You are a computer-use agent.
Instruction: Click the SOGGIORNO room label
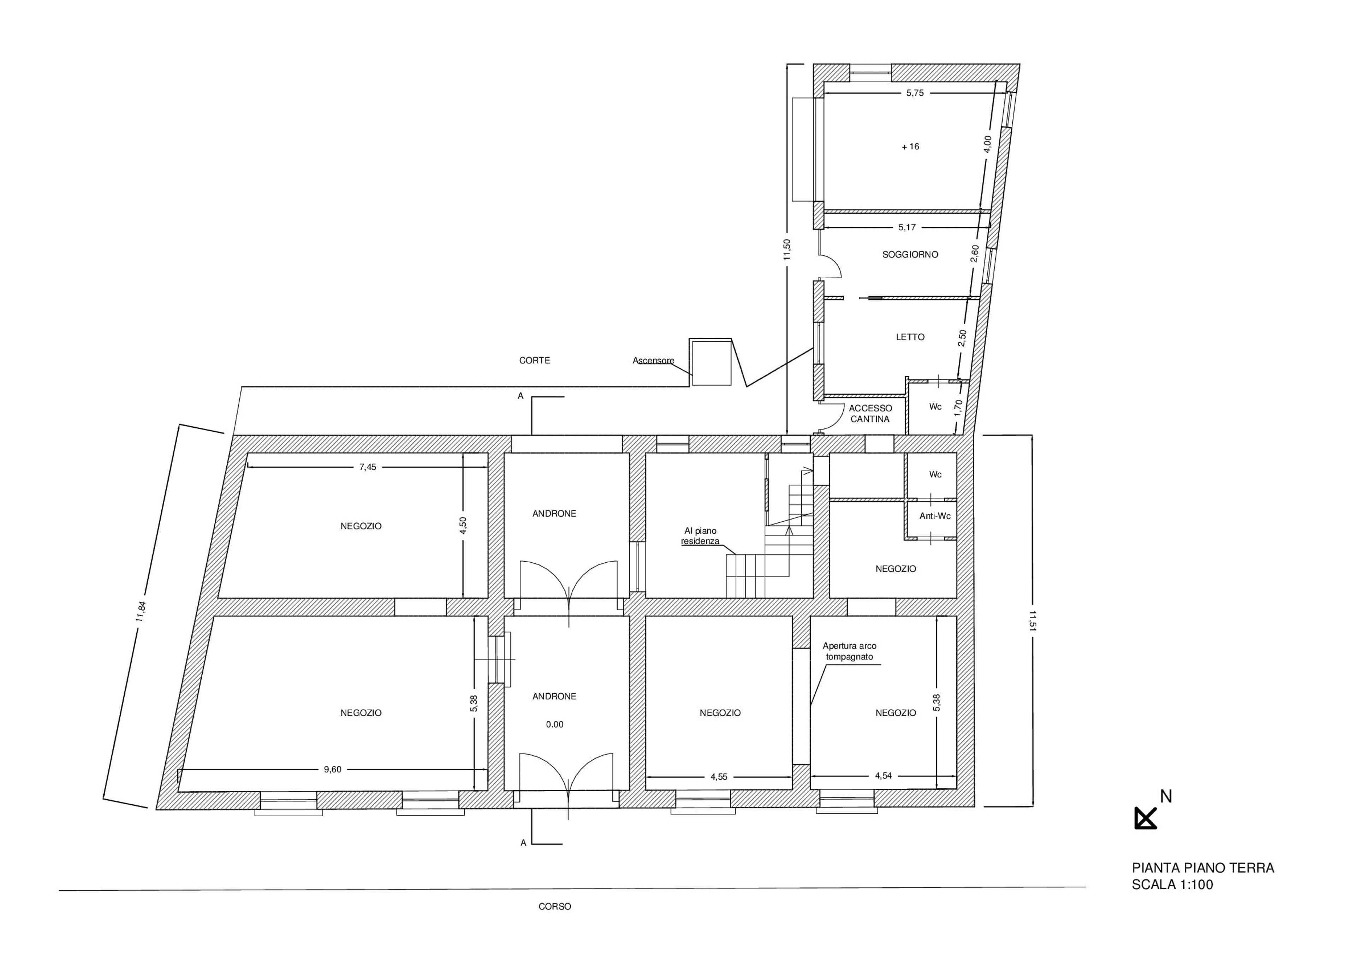(x=910, y=255)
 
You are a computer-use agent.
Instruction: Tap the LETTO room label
(x=910, y=337)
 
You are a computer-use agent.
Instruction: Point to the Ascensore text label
(x=653, y=360)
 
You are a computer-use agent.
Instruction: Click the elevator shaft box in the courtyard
(x=712, y=362)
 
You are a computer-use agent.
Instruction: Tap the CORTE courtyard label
(x=535, y=360)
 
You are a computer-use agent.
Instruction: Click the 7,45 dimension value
(x=367, y=467)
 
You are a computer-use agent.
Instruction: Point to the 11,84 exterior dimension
(x=141, y=611)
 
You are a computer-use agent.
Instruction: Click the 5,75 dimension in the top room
(x=914, y=93)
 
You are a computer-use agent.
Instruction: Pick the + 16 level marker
(x=910, y=147)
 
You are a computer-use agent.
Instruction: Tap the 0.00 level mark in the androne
(x=554, y=724)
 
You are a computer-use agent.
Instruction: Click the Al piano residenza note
(x=701, y=536)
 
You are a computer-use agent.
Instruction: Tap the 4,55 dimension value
(x=719, y=777)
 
